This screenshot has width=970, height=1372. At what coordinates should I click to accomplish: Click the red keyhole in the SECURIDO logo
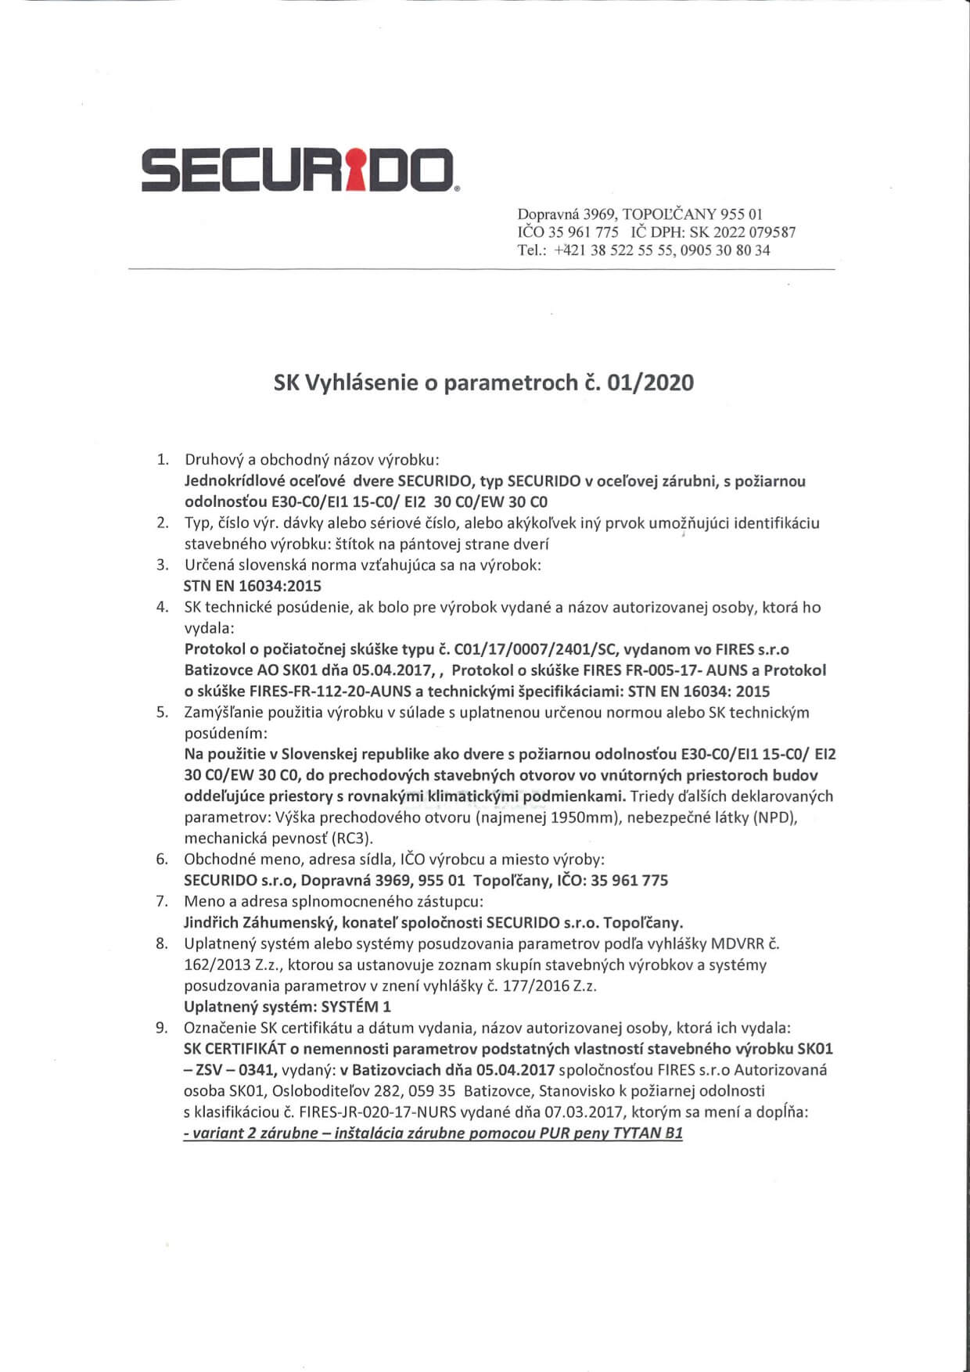[x=356, y=169]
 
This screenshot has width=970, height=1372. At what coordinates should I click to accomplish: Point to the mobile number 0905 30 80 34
[x=726, y=250]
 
